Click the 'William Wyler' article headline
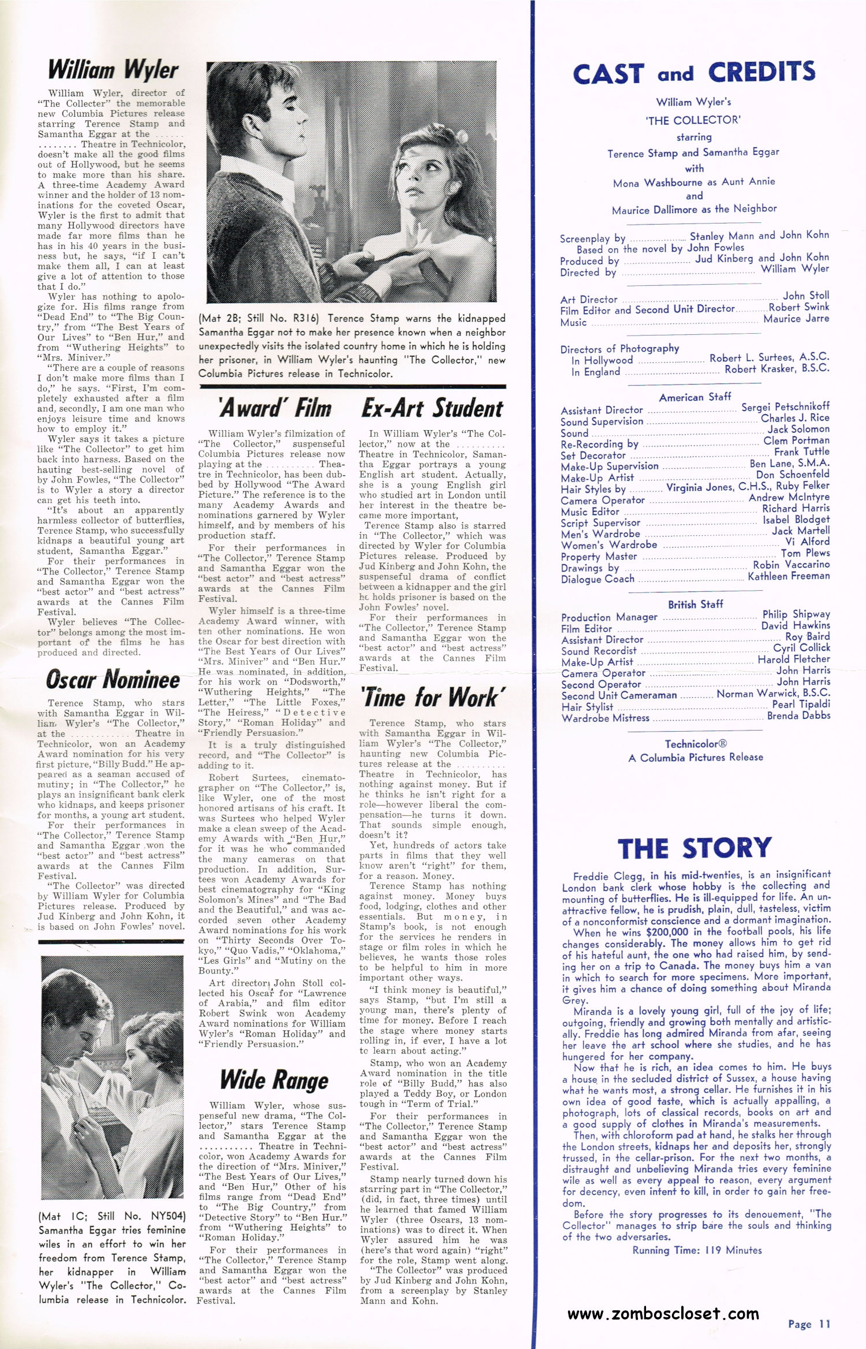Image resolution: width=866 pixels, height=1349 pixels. [113, 70]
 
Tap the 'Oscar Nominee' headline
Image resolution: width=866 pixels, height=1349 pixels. [113, 680]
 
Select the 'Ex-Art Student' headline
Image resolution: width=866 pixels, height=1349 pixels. [432, 408]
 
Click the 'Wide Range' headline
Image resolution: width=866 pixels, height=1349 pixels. [274, 1079]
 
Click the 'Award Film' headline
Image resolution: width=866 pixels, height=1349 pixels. [275, 408]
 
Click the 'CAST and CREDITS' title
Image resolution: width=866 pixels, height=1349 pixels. [694, 73]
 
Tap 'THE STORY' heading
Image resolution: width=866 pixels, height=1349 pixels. [695, 848]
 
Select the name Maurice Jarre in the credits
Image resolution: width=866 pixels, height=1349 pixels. [796, 318]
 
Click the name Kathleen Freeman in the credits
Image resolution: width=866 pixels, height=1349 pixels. [789, 576]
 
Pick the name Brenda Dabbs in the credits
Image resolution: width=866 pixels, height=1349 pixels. [798, 716]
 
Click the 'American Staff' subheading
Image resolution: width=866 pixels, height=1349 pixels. [695, 397]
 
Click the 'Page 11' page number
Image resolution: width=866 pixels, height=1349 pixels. [809, 1324]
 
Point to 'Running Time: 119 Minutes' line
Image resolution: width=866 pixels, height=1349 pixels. [697, 1250]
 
